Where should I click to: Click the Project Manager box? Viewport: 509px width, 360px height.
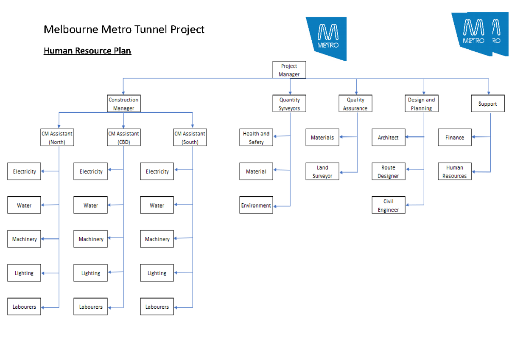[289, 70]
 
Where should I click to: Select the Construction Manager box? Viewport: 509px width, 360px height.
[123, 104]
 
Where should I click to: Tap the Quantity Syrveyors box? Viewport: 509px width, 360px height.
[289, 104]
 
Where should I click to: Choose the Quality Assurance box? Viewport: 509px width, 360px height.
[355, 104]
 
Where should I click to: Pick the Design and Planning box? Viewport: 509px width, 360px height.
[421, 104]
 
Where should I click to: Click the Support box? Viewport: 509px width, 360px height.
[487, 104]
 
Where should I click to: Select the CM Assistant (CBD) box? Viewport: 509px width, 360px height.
[123, 138]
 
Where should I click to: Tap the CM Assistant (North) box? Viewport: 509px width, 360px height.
[57, 138]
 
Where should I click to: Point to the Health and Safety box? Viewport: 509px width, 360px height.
[256, 138]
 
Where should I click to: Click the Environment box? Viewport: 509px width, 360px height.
[256, 205]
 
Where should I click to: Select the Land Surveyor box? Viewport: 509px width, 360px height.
[322, 172]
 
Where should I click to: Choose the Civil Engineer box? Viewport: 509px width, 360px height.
[389, 205]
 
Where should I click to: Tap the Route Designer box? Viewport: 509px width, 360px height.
[389, 172]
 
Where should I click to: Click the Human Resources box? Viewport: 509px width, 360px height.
[455, 172]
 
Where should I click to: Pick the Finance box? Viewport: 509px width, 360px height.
[455, 138]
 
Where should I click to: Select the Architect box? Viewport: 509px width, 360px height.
[389, 138]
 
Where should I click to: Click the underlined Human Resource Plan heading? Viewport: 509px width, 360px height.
[87, 51]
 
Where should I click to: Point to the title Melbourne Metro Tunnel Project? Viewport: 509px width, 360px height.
[124, 29]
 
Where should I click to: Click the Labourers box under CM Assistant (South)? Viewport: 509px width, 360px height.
[157, 307]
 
